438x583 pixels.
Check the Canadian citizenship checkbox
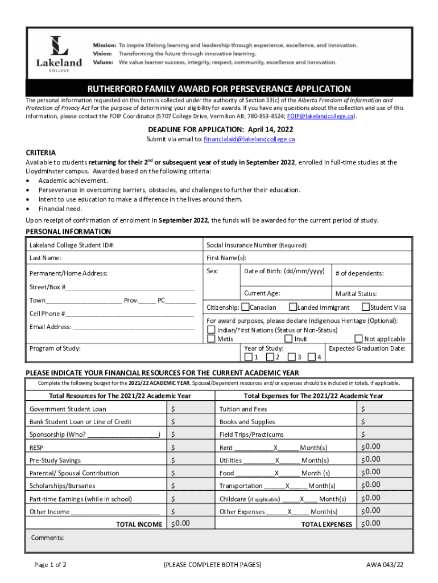click(x=245, y=307)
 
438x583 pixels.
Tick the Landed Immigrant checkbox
click(x=293, y=307)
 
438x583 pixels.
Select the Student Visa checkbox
click(x=366, y=307)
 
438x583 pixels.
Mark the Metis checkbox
click(x=212, y=339)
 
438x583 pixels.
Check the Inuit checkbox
click(x=288, y=339)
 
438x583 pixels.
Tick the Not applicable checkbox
click(x=358, y=339)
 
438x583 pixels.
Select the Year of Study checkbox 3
click(x=291, y=357)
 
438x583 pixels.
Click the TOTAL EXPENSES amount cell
click(x=383, y=524)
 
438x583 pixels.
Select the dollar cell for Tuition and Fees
click(x=383, y=409)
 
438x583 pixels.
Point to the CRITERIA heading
click(x=41, y=153)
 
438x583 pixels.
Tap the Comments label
click(x=47, y=537)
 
